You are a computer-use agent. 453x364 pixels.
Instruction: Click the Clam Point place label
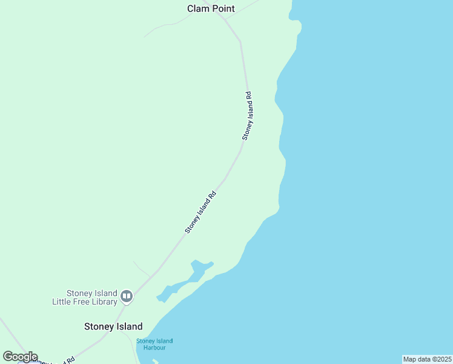point(211,8)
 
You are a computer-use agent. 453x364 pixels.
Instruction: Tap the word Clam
point(197,8)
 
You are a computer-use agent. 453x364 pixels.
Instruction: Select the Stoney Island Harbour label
point(154,344)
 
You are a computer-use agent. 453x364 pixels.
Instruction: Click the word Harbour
point(154,348)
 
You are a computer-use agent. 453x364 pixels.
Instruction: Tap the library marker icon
point(127,297)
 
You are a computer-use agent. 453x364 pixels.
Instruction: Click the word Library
point(105,302)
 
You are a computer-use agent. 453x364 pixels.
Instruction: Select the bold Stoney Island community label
point(113,326)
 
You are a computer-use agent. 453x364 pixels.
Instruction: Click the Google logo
point(20,357)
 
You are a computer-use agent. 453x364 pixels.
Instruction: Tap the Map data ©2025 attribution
point(428,359)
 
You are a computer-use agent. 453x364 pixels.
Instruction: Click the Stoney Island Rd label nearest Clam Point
point(247,116)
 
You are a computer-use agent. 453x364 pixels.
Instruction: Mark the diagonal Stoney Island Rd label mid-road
point(200,212)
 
